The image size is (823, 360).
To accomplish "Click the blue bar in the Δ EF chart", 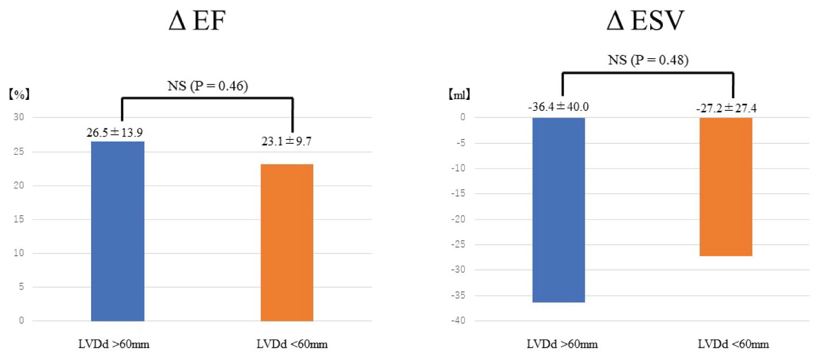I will (117, 231).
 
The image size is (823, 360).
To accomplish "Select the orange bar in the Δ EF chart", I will (287, 242).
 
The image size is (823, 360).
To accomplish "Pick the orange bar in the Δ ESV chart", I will (726, 187).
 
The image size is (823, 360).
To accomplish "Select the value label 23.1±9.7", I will (287, 142).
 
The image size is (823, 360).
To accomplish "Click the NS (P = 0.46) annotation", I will (206, 87).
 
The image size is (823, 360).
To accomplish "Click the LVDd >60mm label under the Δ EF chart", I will (117, 345).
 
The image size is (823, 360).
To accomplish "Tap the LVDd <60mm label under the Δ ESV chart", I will (733, 345).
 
